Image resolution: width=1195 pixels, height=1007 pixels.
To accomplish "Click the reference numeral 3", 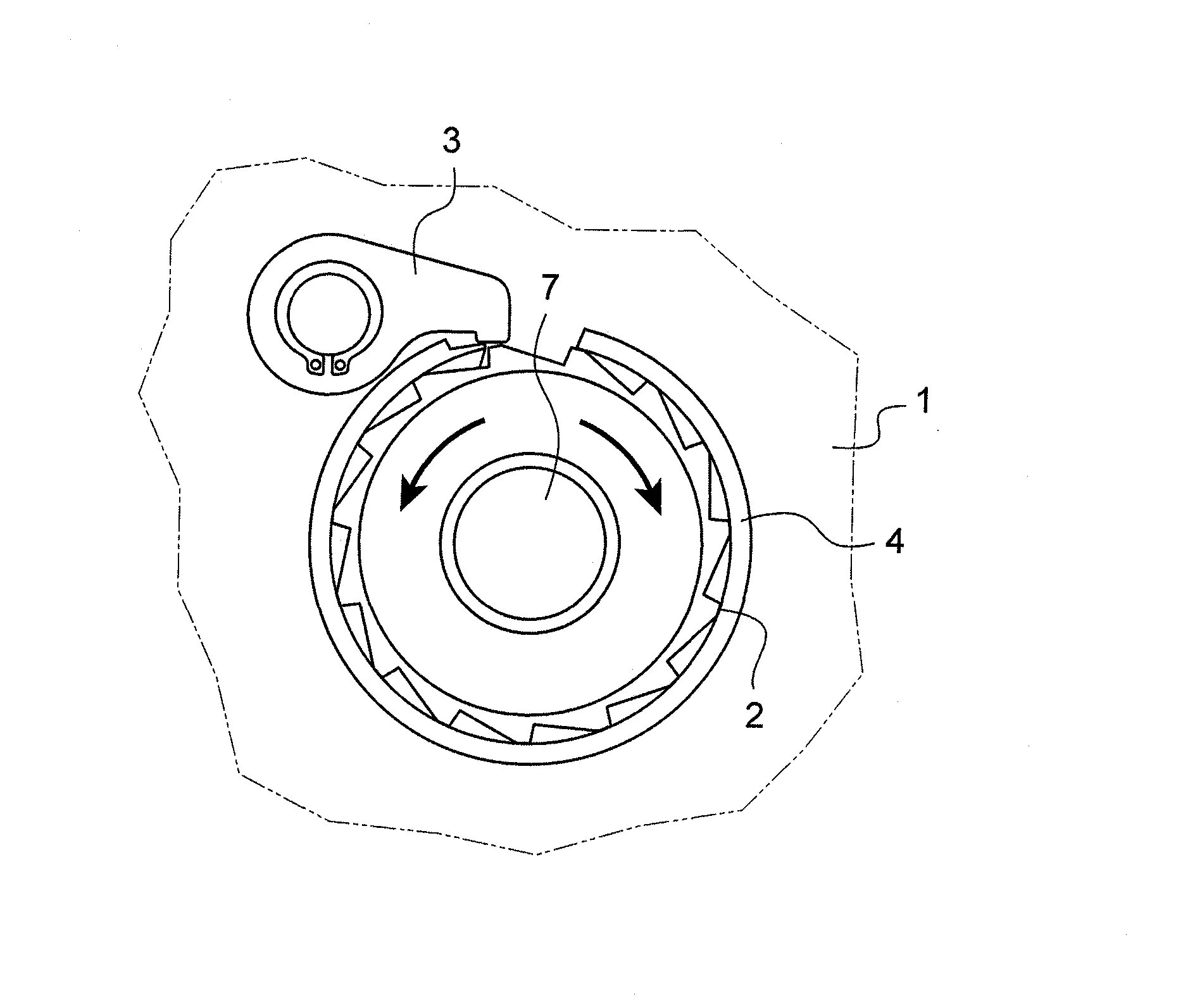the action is pos(451,143).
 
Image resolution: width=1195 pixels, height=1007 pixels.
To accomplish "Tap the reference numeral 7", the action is pos(549,290).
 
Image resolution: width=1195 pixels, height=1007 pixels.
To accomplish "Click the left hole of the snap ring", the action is pos(315,364).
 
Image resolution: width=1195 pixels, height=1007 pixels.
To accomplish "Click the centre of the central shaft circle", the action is pos(530,542).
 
